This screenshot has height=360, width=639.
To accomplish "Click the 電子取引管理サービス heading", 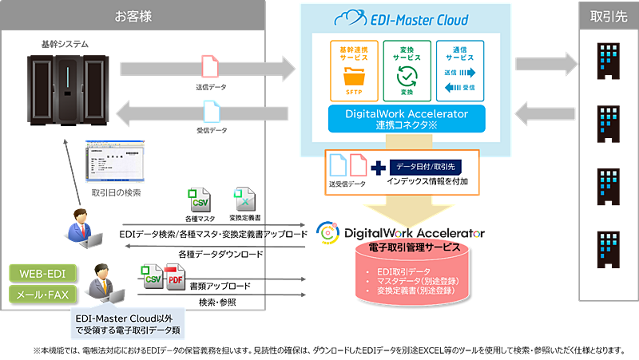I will (x=414, y=248).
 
